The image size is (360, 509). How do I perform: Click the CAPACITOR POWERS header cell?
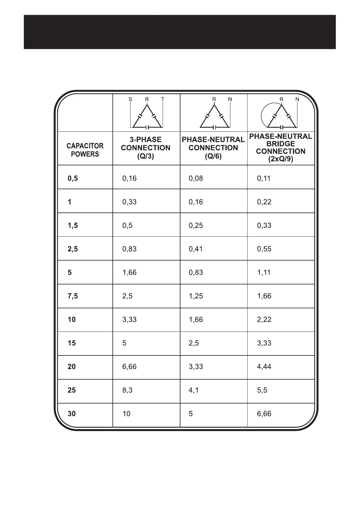[85, 150]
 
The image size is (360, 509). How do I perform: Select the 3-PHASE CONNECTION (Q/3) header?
[146, 148]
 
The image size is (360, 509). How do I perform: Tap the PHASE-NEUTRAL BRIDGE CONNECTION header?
[281, 148]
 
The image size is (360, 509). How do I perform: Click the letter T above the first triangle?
[163, 99]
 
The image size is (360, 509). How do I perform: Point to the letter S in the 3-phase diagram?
[130, 99]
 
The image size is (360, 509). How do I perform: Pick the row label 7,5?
[73, 296]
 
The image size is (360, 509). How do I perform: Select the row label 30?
[72, 414]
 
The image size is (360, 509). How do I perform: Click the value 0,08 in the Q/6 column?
[196, 179]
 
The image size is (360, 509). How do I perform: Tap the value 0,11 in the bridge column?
[264, 179]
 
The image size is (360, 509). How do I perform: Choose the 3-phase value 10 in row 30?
[126, 414]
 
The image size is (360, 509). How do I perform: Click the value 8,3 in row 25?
[127, 390]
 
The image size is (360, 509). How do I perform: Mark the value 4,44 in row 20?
[264, 367]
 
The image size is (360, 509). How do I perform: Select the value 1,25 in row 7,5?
[196, 296]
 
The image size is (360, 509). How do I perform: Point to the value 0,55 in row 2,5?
[264, 249]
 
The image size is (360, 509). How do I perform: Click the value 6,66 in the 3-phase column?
[129, 367]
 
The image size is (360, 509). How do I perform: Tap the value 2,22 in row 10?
[264, 319]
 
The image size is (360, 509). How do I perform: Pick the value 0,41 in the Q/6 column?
[196, 249]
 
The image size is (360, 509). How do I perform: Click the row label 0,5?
[73, 179]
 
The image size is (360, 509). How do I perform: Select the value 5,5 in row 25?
[262, 390]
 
